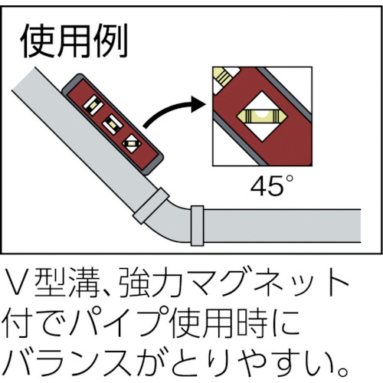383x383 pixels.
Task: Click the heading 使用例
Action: [x=74, y=41]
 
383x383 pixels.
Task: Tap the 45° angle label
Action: [x=272, y=185]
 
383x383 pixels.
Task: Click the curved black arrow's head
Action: [x=198, y=104]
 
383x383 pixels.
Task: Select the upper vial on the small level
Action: [x=93, y=105]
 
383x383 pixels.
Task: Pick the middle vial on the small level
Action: [x=113, y=124]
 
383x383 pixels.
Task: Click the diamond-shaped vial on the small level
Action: [x=132, y=143]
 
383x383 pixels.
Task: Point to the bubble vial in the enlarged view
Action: [x=262, y=116]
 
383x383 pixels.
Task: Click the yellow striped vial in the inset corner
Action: [x=224, y=76]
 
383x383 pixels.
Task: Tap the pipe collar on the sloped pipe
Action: [x=151, y=206]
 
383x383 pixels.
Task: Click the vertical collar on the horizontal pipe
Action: [x=198, y=226]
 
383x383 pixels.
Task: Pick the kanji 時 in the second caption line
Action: [x=252, y=322]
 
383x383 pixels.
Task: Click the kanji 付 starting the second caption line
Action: [x=18, y=322]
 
